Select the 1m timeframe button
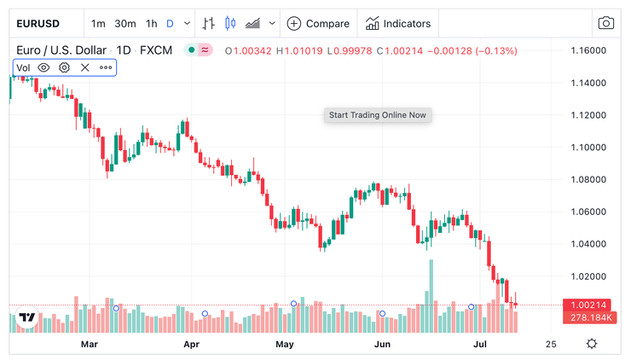[x=98, y=23]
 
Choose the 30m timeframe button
[x=125, y=23]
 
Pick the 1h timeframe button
[x=151, y=23]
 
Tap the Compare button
[x=318, y=23]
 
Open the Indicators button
[x=398, y=23]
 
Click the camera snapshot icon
[x=605, y=23]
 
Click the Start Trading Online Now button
[x=378, y=115]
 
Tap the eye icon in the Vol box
[x=43, y=67]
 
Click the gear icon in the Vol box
[x=64, y=67]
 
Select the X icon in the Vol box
[x=84, y=67]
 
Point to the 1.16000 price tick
[x=588, y=51]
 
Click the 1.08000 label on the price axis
[x=588, y=179]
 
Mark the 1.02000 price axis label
[x=588, y=276]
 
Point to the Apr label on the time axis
[x=191, y=345]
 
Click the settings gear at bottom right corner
[x=592, y=344]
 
